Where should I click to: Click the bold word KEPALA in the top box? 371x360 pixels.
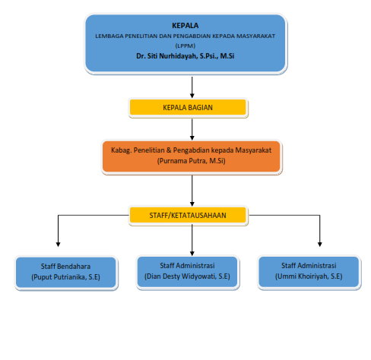tap(185, 26)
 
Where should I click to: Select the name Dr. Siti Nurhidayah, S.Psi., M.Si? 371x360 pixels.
tap(185, 56)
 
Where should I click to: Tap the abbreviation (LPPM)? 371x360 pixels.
tap(185, 46)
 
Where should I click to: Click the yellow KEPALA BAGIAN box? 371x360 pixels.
tap(188, 107)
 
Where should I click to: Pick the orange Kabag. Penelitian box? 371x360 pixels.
tap(192, 156)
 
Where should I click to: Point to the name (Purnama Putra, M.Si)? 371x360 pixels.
tap(191, 161)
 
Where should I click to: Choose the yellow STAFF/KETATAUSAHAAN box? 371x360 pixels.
tap(188, 215)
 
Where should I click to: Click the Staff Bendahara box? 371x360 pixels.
tap(66, 273)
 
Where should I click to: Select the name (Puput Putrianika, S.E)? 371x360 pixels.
tap(65, 277)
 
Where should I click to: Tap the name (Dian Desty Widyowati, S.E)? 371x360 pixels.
tap(187, 276)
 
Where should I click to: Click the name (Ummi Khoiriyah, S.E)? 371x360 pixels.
tap(309, 276)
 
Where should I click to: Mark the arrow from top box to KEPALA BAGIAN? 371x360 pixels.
tap(192, 87)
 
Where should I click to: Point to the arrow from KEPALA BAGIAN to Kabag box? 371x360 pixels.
tap(192, 129)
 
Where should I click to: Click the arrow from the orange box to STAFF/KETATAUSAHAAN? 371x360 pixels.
tap(192, 191)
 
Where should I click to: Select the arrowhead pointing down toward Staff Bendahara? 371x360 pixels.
tap(58, 245)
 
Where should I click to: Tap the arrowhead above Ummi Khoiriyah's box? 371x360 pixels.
tap(320, 245)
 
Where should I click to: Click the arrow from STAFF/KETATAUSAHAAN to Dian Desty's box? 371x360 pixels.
tap(192, 240)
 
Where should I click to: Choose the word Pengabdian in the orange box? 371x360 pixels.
tap(192, 150)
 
